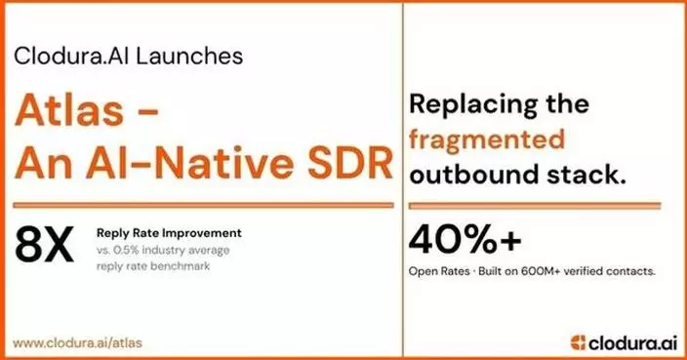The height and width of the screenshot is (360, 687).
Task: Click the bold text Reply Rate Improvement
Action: pyautogui.click(x=168, y=233)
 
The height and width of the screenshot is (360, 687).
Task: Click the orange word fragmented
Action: pyautogui.click(x=487, y=139)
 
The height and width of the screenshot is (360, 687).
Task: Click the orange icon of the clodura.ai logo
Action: pyautogui.click(x=580, y=340)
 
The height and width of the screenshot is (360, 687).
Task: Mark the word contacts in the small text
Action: pyautogui.click(x=631, y=269)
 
